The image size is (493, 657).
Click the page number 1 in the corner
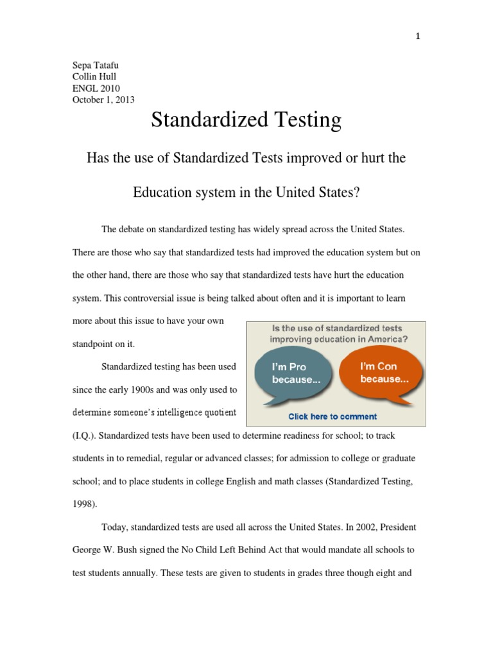click(418, 37)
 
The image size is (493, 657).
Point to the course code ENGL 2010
click(96, 88)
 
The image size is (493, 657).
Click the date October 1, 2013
click(103, 99)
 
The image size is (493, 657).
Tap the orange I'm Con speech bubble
click(384, 373)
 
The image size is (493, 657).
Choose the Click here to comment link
click(333, 416)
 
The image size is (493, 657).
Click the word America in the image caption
click(383, 339)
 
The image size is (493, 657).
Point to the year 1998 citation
click(84, 504)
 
